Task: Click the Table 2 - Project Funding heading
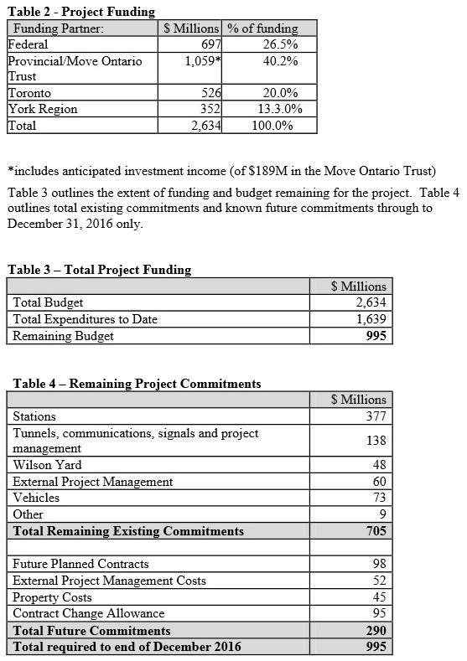(81, 12)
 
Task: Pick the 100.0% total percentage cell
(272, 126)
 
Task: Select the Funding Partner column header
(58, 28)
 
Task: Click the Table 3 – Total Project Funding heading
(100, 270)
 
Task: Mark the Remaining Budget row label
(64, 336)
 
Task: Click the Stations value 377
(376, 416)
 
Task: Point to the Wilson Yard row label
(47, 465)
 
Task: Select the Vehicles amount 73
(378, 498)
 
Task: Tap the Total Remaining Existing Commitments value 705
(375, 531)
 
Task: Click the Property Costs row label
(53, 597)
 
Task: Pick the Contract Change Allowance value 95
(378, 613)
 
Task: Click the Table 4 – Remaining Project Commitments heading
(137, 384)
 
